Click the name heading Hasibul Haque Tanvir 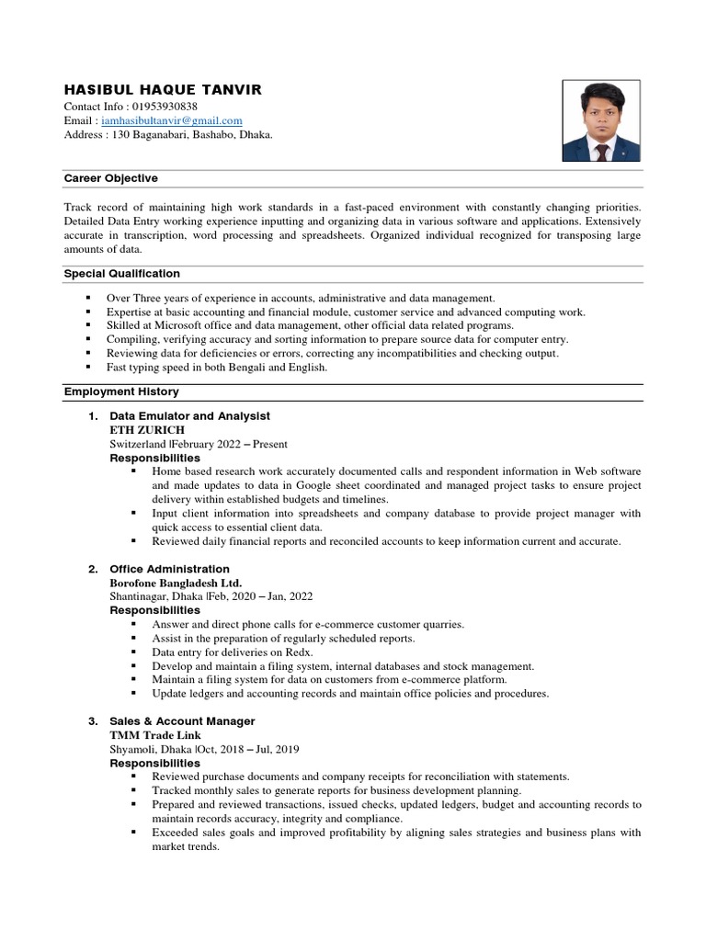[163, 89]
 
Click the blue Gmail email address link [172, 120]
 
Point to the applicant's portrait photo [601, 120]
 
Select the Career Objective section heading [110, 178]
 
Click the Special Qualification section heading [121, 274]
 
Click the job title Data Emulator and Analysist [189, 416]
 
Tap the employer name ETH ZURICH [147, 430]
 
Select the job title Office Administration [169, 569]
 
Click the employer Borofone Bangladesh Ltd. [176, 583]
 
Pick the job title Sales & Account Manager [182, 721]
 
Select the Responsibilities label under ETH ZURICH [154, 458]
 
